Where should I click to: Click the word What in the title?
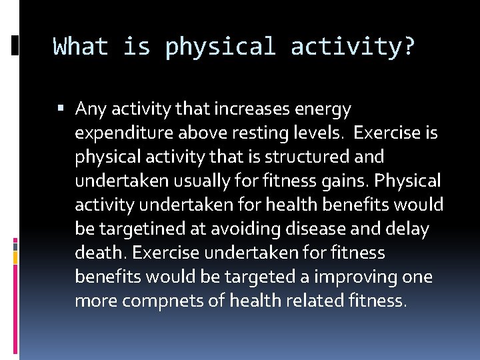click(81, 47)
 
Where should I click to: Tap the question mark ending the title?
click(409, 47)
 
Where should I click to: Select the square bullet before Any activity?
click(61, 108)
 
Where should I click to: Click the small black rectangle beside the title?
click(15, 45)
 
